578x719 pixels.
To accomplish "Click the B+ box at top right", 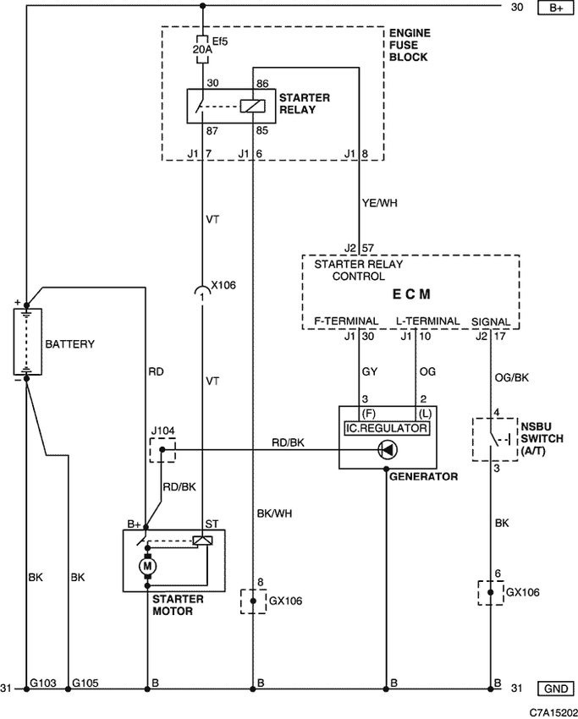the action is coord(555,8).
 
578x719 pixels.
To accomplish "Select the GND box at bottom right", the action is coord(555,689).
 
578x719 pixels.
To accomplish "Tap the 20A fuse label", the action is coord(202,49).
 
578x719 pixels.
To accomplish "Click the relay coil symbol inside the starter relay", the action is coord(253,106).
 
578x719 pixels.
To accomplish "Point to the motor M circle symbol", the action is coord(147,566).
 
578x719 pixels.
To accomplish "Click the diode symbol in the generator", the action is coord(388,449).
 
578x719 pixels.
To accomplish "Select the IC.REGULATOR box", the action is coord(388,428).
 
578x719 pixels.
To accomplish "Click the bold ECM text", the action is coord(411,294).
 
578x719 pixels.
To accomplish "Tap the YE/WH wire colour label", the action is coord(380,203).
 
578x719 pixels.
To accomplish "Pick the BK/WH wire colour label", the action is coord(274,513).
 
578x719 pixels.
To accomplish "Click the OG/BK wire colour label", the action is coord(512,378).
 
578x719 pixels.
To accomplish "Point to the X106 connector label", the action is coord(223,285).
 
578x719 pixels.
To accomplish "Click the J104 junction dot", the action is coord(162,450).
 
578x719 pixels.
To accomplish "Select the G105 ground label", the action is coord(85,683).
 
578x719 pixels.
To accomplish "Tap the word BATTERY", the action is coord(69,344).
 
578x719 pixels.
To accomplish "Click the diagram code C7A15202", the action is coord(553,712).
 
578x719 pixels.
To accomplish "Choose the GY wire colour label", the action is coord(370,371).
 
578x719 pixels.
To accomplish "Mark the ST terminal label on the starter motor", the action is coord(212,524).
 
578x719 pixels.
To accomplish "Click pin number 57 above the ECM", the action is coord(368,248).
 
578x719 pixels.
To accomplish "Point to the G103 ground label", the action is coord(43,683).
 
